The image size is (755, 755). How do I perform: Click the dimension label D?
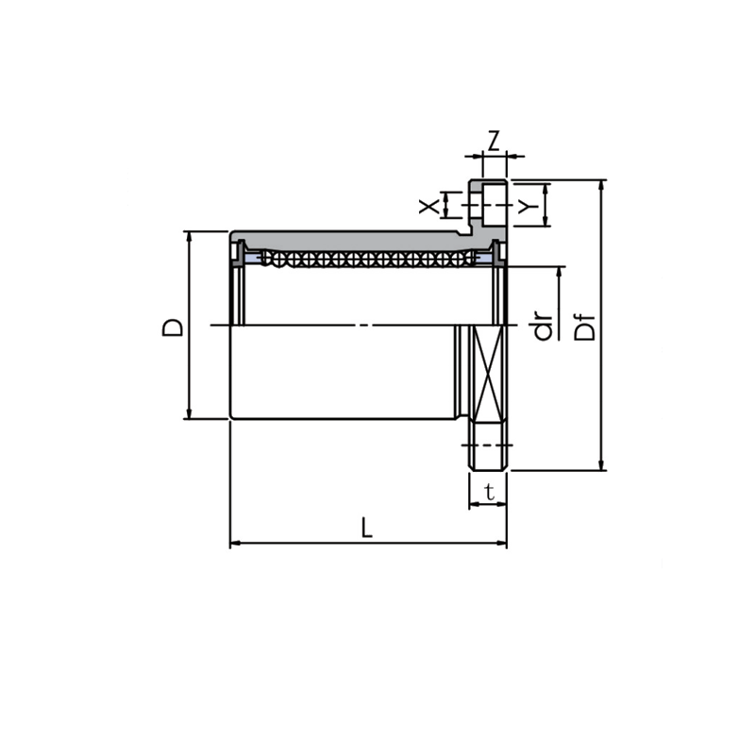pyautogui.click(x=172, y=326)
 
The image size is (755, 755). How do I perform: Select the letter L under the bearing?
pyautogui.click(x=367, y=528)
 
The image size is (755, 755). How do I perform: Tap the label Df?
pyautogui.click(x=585, y=326)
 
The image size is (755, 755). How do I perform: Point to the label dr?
pyautogui.click(x=543, y=326)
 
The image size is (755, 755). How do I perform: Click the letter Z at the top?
pyautogui.click(x=493, y=141)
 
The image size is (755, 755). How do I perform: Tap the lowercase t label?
pyautogui.click(x=488, y=491)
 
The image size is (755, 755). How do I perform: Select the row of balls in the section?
pyautogui.click(x=368, y=258)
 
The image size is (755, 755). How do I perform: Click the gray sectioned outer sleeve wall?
pyautogui.click(x=349, y=239)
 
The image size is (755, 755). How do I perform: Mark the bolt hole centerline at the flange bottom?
pyautogui.click(x=489, y=444)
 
